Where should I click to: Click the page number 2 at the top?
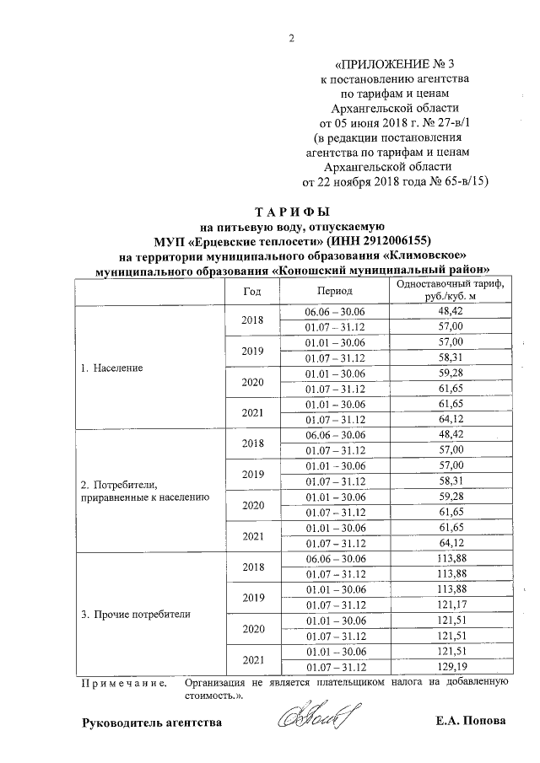[292, 36]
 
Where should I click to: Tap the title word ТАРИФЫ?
[292, 212]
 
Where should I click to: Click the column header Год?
[251, 289]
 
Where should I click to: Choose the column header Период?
[335, 289]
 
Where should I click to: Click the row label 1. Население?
[111, 368]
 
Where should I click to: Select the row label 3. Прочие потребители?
[135, 614]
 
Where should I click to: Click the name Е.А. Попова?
[472, 722]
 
